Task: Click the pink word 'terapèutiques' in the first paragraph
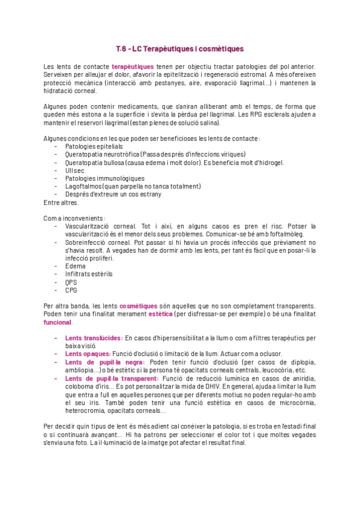pos(133,66)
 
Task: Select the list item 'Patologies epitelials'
pos(94,146)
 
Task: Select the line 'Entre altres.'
pos(61,202)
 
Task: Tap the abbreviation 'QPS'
pos(71,282)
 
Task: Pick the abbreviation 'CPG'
pos(71,289)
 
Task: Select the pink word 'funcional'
pos(58,322)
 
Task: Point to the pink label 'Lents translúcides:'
pos(94,338)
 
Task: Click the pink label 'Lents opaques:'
pos(88,354)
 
